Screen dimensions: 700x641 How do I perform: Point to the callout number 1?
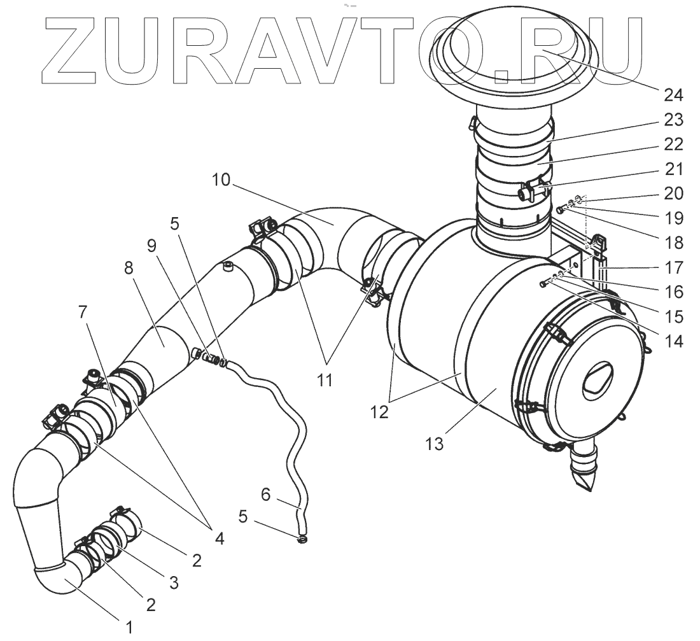point(129,627)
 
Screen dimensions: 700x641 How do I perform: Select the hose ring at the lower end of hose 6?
point(302,540)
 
